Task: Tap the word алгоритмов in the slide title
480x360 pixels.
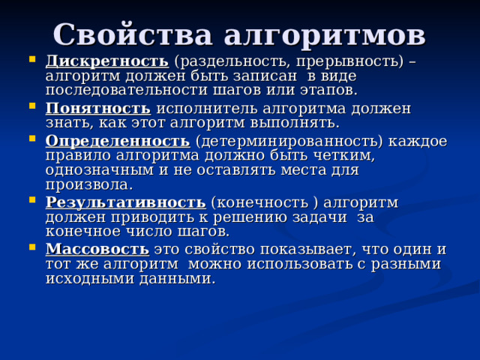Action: tap(324, 35)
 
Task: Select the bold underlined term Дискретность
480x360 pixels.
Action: tap(106, 60)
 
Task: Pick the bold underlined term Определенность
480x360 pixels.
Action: tap(117, 141)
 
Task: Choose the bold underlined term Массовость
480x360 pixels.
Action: tap(97, 248)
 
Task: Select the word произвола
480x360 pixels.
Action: tap(88, 184)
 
